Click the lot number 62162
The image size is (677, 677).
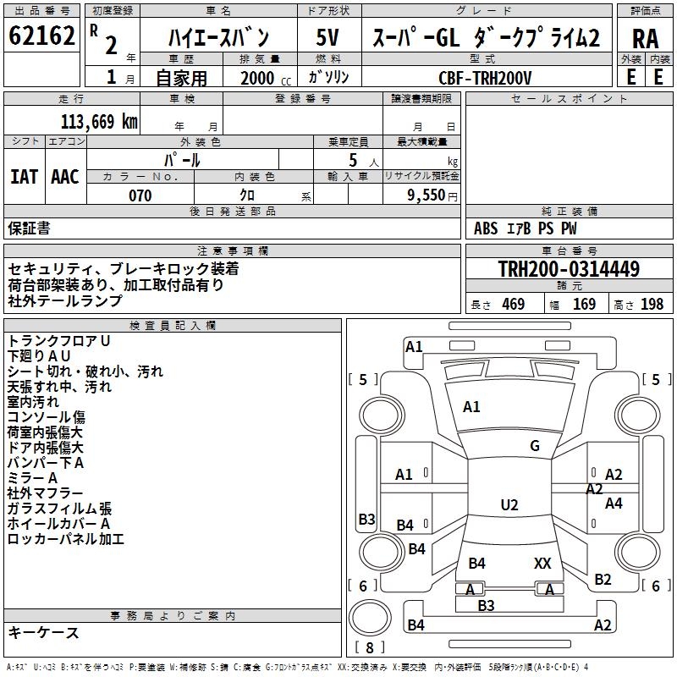tap(41, 36)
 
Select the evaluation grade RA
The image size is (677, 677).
tap(645, 39)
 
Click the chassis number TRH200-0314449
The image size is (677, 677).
tap(569, 269)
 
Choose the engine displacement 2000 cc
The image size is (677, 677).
tap(260, 78)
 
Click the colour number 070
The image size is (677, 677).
tap(140, 195)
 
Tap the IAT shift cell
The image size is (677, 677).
tap(25, 177)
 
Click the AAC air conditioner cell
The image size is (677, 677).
tap(65, 177)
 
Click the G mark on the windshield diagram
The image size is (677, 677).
tap(534, 446)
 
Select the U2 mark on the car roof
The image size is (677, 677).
tap(509, 505)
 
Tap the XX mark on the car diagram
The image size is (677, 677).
tap(542, 563)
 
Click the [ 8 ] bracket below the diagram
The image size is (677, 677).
tap(369, 647)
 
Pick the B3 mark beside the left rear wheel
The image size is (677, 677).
tap(366, 519)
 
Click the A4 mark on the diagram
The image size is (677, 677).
tap(614, 504)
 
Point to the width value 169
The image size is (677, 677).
tap(584, 305)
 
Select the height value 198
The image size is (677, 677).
tap(652, 305)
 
